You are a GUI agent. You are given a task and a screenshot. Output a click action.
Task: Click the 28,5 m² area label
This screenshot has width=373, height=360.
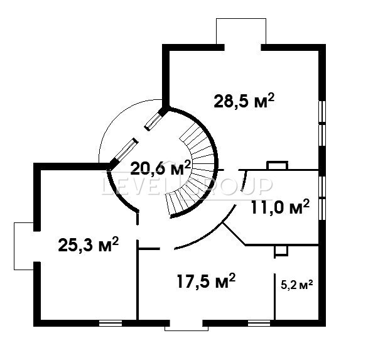point(244,101)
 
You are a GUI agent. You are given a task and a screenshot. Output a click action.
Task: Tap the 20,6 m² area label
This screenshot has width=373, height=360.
point(161,168)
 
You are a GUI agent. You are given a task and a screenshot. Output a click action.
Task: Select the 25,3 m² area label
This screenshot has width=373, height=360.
point(89,244)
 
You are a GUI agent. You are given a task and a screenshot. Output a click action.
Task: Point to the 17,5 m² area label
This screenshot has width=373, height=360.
point(206,281)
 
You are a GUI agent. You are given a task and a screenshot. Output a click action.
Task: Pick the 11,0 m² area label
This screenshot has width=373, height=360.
point(280,207)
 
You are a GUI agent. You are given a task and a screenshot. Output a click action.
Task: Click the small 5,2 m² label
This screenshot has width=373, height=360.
point(296,285)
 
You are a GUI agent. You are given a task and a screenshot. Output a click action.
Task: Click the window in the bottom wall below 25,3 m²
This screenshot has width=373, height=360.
point(111,323)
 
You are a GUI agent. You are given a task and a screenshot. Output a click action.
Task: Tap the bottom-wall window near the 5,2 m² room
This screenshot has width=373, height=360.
point(259,323)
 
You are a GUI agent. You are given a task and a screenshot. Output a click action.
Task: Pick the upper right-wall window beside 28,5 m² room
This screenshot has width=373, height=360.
point(322,123)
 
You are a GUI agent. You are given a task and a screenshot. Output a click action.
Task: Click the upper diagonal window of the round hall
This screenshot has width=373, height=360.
point(153,121)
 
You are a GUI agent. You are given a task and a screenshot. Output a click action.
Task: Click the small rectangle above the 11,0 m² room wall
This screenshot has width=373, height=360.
point(277,165)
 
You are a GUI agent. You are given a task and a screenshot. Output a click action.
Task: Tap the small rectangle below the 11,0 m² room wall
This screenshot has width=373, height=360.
point(281,251)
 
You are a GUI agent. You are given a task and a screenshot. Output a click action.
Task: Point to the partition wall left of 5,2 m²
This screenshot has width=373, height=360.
point(275,297)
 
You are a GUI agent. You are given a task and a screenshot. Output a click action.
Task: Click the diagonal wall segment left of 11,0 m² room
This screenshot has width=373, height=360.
point(234,234)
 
